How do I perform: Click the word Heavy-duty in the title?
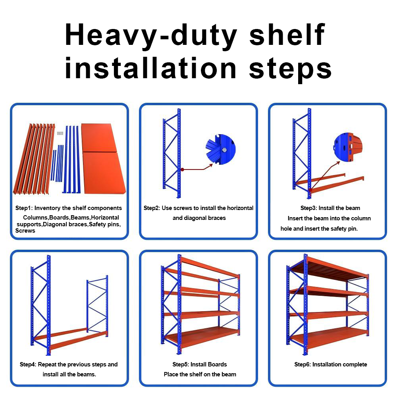pos(151,35)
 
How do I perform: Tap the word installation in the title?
pos(150,68)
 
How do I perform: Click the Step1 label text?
pos(24,208)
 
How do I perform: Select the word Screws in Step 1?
pos(25,231)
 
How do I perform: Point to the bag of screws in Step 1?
pos(60,133)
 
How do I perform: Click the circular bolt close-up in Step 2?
pos(220,149)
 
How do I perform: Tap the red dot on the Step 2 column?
pos(182,170)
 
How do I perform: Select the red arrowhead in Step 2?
pos(210,166)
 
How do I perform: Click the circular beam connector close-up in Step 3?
pos(348,147)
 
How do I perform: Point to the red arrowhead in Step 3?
pos(338,163)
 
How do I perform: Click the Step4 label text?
pos(28,364)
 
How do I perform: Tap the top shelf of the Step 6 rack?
pos(329,269)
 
